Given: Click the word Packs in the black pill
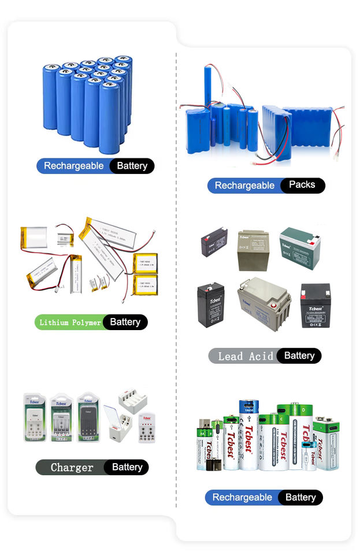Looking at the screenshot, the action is [x=302, y=185].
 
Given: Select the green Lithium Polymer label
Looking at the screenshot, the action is [x=69, y=322].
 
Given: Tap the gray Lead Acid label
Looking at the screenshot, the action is [x=245, y=356].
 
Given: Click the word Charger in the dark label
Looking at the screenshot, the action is [x=72, y=467].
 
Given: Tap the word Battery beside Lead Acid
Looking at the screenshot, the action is [x=299, y=356].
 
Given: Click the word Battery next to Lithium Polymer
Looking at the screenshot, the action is [x=125, y=322].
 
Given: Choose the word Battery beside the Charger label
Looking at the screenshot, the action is [x=127, y=467].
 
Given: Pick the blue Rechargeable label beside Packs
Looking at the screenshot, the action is [x=244, y=186].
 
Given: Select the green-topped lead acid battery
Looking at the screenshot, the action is [x=299, y=247].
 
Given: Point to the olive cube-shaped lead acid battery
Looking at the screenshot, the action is [x=253, y=251].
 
